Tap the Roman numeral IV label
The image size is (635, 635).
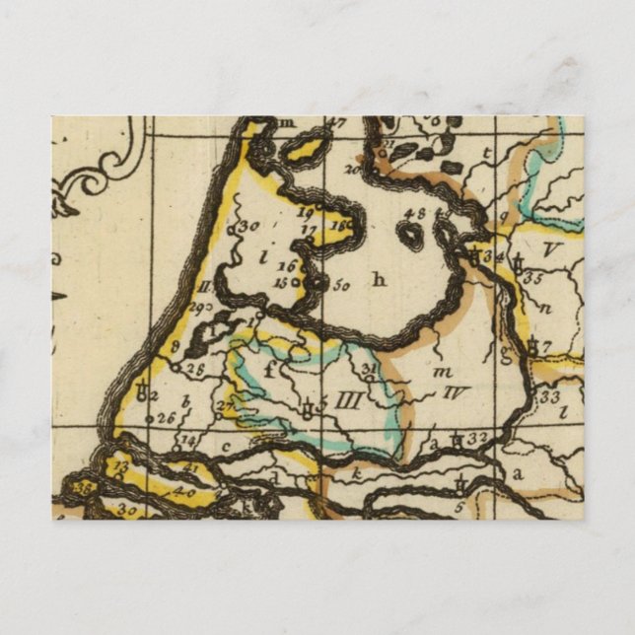[x=455, y=392]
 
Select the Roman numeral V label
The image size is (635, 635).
[x=550, y=251]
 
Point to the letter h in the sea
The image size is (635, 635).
[x=379, y=280]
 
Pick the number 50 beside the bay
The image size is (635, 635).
[x=342, y=286]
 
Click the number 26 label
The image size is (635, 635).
[x=166, y=418]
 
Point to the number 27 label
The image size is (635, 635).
[x=225, y=404]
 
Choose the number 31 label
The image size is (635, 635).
[x=371, y=369]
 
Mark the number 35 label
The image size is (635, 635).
[x=533, y=278]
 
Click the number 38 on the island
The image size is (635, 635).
[x=86, y=486]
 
